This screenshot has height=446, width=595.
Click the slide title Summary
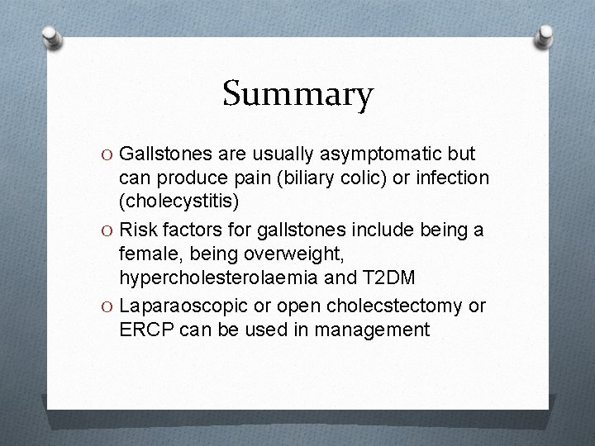click(297, 93)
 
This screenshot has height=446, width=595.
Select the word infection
click(453, 178)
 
